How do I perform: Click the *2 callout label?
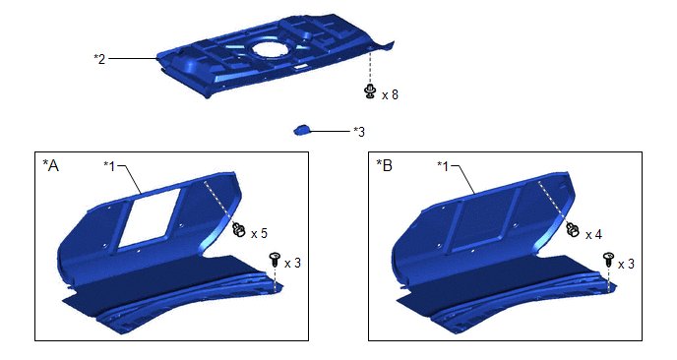pos(99,59)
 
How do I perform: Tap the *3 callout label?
pos(359,131)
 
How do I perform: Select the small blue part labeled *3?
pos(302,130)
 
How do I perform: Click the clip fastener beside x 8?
pos(370,91)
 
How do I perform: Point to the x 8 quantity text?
pos(390,94)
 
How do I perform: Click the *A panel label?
pos(50,165)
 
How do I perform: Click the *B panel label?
pos(385,165)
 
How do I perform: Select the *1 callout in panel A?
pos(109,166)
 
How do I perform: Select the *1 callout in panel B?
pos(444,166)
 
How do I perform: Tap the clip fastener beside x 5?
pos(239,229)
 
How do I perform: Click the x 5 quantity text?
pos(259,233)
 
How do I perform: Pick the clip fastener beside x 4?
pos(573,229)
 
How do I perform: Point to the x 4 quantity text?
pos(593,235)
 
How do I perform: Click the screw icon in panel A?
pos(275,260)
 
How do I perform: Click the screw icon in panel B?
pos(608,260)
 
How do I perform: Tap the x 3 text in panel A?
pos(292,263)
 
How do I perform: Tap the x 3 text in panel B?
pos(626,264)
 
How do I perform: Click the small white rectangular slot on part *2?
pos(300,67)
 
